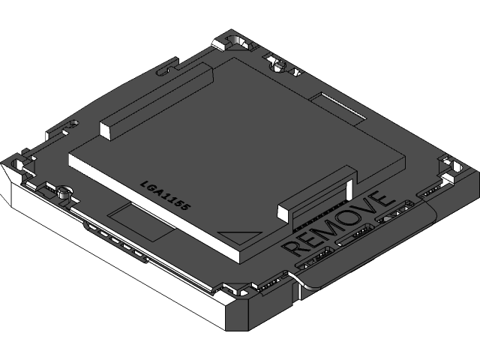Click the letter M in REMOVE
tap(322, 232)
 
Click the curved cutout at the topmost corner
tap(237, 39)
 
